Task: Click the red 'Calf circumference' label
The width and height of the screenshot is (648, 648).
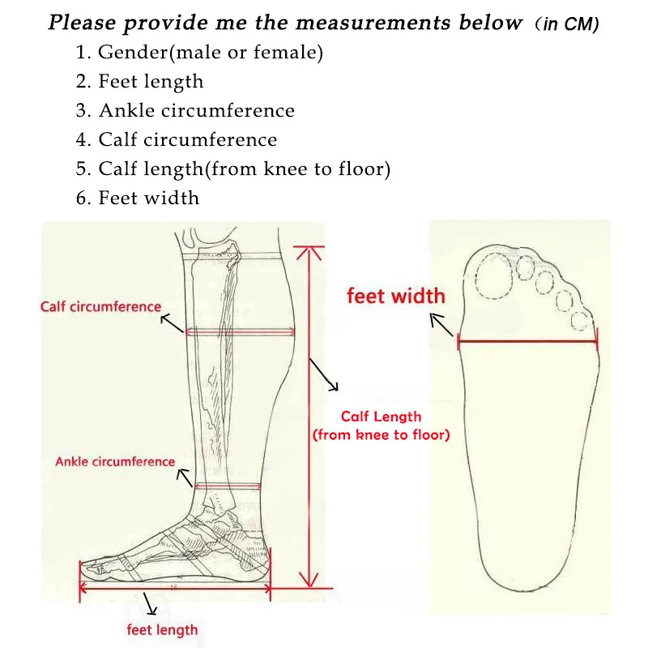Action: pyautogui.click(x=100, y=307)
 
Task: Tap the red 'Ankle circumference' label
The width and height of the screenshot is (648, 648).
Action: pyautogui.click(x=115, y=462)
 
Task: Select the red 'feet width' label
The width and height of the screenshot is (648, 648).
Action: pyautogui.click(x=396, y=296)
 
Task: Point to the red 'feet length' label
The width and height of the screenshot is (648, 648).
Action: pyautogui.click(x=162, y=629)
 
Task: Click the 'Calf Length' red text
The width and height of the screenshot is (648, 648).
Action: pyautogui.click(x=381, y=416)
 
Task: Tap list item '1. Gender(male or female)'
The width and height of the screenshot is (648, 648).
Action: pyautogui.click(x=199, y=54)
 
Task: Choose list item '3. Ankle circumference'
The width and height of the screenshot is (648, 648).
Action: pyautogui.click(x=185, y=110)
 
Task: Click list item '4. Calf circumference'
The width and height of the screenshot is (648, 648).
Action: pyautogui.click(x=176, y=139)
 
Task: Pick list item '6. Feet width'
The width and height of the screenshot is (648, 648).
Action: pyautogui.click(x=137, y=198)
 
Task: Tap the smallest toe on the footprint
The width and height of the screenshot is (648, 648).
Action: pyautogui.click(x=580, y=321)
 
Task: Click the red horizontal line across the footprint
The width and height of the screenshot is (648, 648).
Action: pyautogui.click(x=528, y=341)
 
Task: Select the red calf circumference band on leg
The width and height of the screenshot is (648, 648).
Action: pyautogui.click(x=240, y=331)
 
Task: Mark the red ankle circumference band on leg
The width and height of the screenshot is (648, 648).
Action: pyautogui.click(x=228, y=486)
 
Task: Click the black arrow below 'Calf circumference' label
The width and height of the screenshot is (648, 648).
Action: pyautogui.click(x=171, y=323)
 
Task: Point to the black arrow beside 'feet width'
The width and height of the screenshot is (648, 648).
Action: pyautogui.click(x=442, y=325)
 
